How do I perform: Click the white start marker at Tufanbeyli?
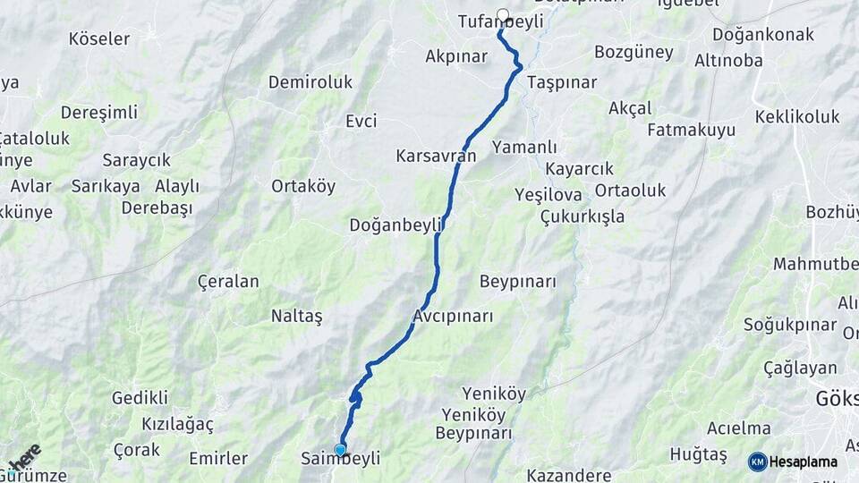pos(503,14)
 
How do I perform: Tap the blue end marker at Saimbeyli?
pos(340,450)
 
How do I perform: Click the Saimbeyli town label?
pos(341,459)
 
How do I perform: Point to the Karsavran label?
pos(436,156)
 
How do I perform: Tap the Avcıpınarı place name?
pos(454,317)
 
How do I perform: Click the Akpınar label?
pos(456,56)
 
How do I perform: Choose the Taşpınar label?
pos(562,81)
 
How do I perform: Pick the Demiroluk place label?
pos(310,82)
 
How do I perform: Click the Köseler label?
pos(99,39)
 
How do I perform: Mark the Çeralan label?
pos(228,282)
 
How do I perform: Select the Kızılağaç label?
pos(177,423)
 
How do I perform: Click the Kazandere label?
pos(569,475)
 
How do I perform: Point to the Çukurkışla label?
pos(583,216)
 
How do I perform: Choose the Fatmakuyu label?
pos(691,131)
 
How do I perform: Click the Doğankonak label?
pos(763,35)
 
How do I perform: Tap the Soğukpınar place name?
pos(790,325)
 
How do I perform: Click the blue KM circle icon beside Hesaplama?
pos(758,462)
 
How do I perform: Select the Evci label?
pos(361,122)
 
